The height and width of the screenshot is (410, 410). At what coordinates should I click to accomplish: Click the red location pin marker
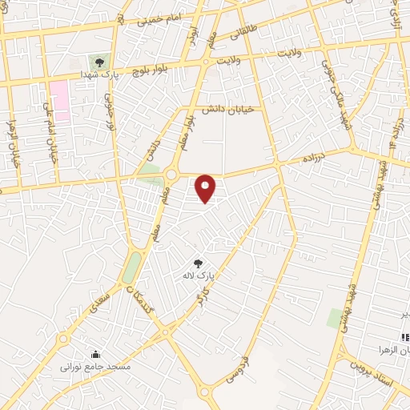[206, 188]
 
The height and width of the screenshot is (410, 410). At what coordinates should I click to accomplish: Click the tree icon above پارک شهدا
[99, 61]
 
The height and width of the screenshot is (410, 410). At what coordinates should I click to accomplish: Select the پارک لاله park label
[199, 276]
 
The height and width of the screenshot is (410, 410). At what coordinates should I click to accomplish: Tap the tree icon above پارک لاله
[199, 263]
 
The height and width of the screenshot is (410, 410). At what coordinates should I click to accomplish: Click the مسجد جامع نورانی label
[95, 367]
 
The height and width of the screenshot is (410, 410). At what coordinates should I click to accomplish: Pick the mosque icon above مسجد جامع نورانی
[95, 355]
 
